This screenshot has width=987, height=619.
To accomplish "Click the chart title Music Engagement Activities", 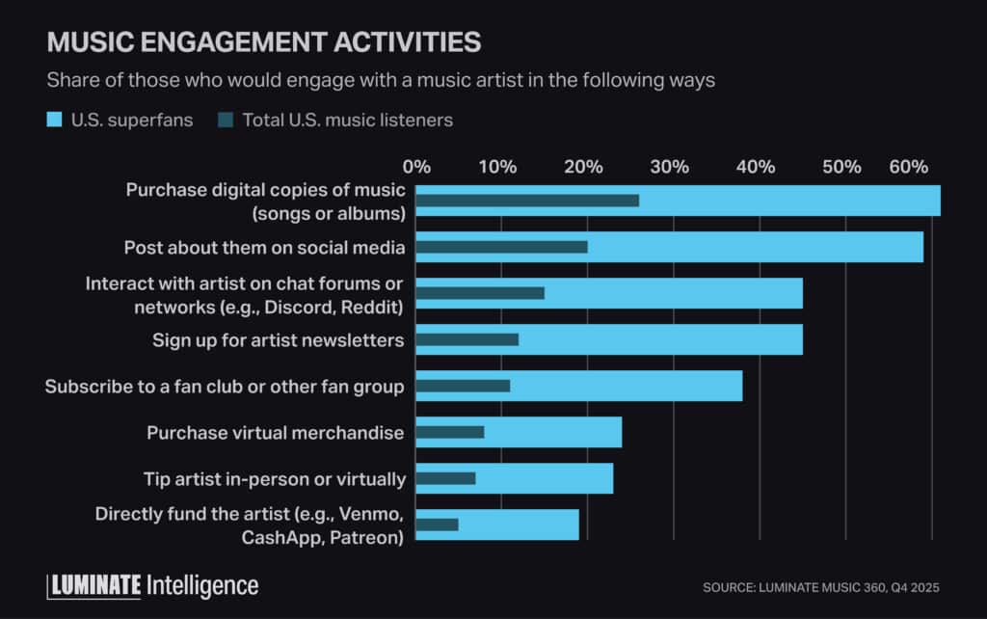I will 263,42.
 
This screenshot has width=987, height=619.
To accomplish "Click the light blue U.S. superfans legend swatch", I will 54,121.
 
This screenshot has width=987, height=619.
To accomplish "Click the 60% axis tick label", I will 909,167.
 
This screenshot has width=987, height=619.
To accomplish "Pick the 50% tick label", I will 841,167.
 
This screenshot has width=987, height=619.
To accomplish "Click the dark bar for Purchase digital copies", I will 527,201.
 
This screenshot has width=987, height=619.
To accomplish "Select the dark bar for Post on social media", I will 501,247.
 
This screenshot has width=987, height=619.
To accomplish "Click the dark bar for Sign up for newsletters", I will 467,339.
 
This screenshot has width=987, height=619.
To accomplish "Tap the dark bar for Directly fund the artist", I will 437,525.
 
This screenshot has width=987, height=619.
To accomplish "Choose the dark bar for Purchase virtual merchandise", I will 450,432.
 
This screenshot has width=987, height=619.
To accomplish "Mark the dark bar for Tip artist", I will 445,478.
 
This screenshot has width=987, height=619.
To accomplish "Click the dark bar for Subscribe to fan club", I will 463,386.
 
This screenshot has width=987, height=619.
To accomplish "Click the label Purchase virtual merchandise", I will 276,432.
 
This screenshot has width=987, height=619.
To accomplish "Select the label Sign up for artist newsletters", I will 279,339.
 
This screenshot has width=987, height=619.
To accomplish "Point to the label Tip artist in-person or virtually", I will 275,478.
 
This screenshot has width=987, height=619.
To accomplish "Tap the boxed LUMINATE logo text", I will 94,585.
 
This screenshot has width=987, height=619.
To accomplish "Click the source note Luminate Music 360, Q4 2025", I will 820,587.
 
